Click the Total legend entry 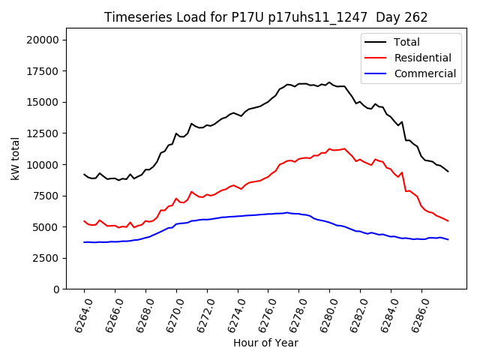click(406, 42)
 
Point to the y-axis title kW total click(15, 158)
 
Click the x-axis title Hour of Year click(265, 343)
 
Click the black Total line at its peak click(328, 82)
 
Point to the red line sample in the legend click(376, 58)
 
